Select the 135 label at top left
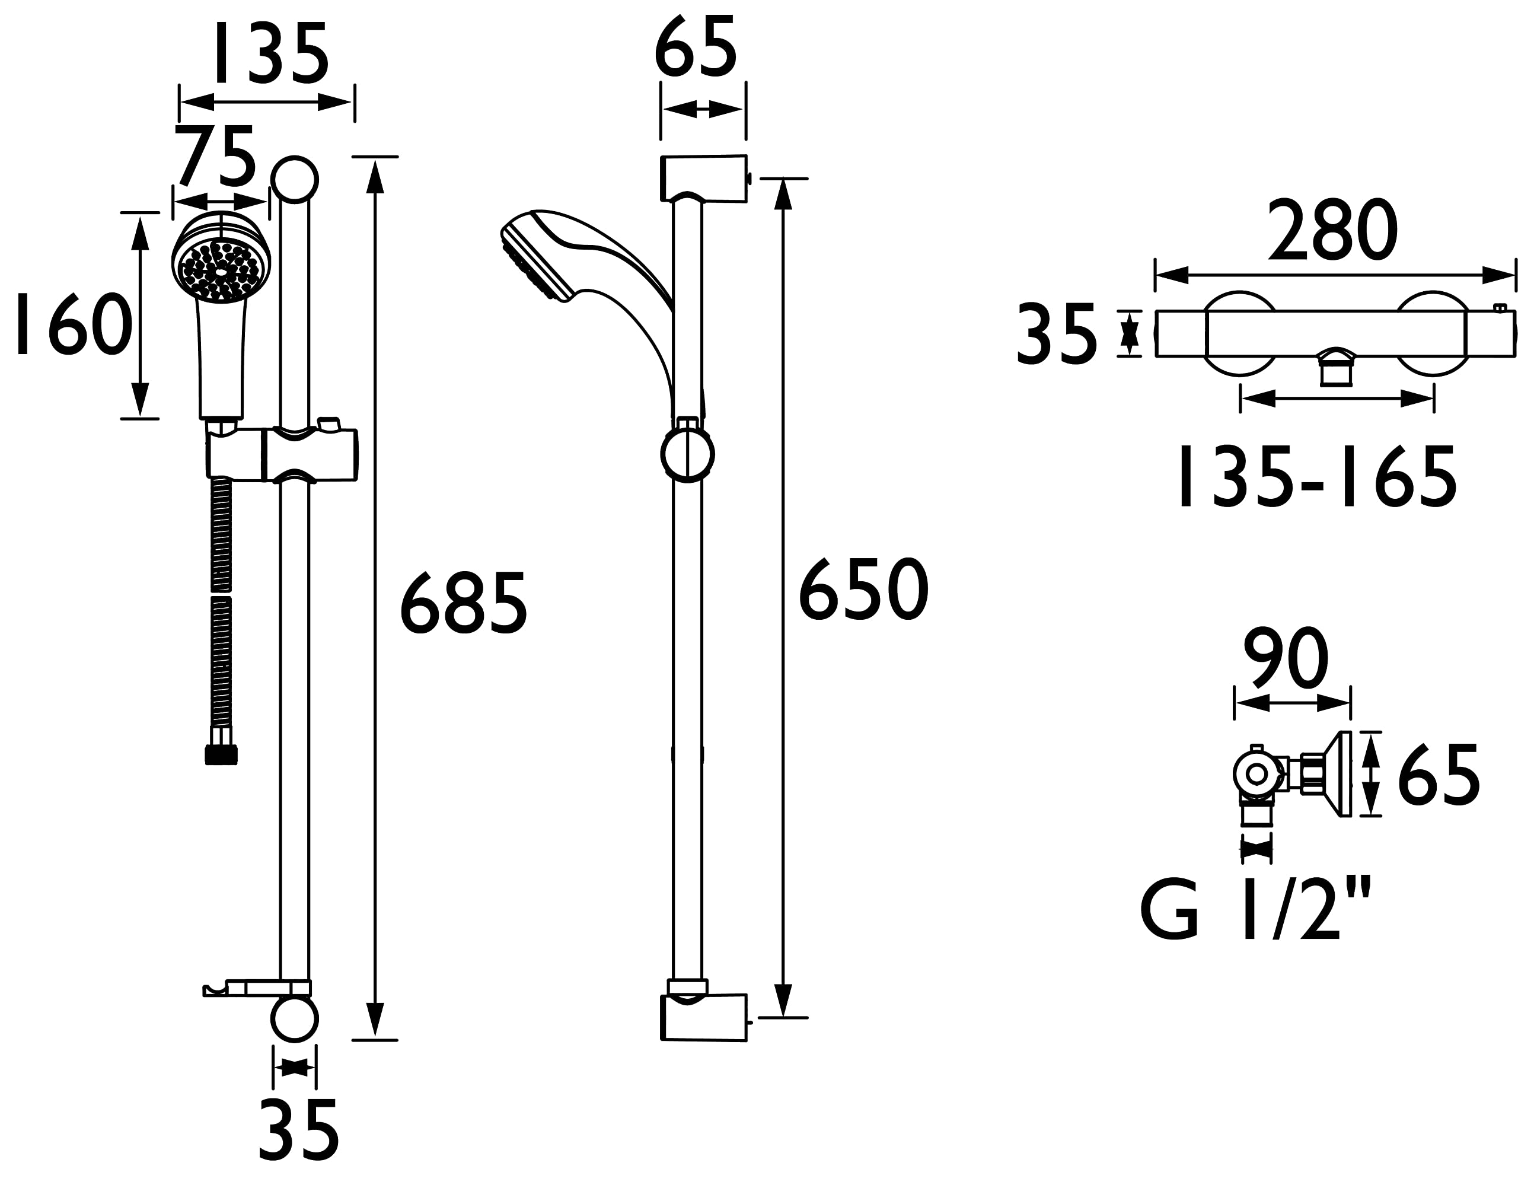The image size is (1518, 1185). pyautogui.click(x=271, y=53)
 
